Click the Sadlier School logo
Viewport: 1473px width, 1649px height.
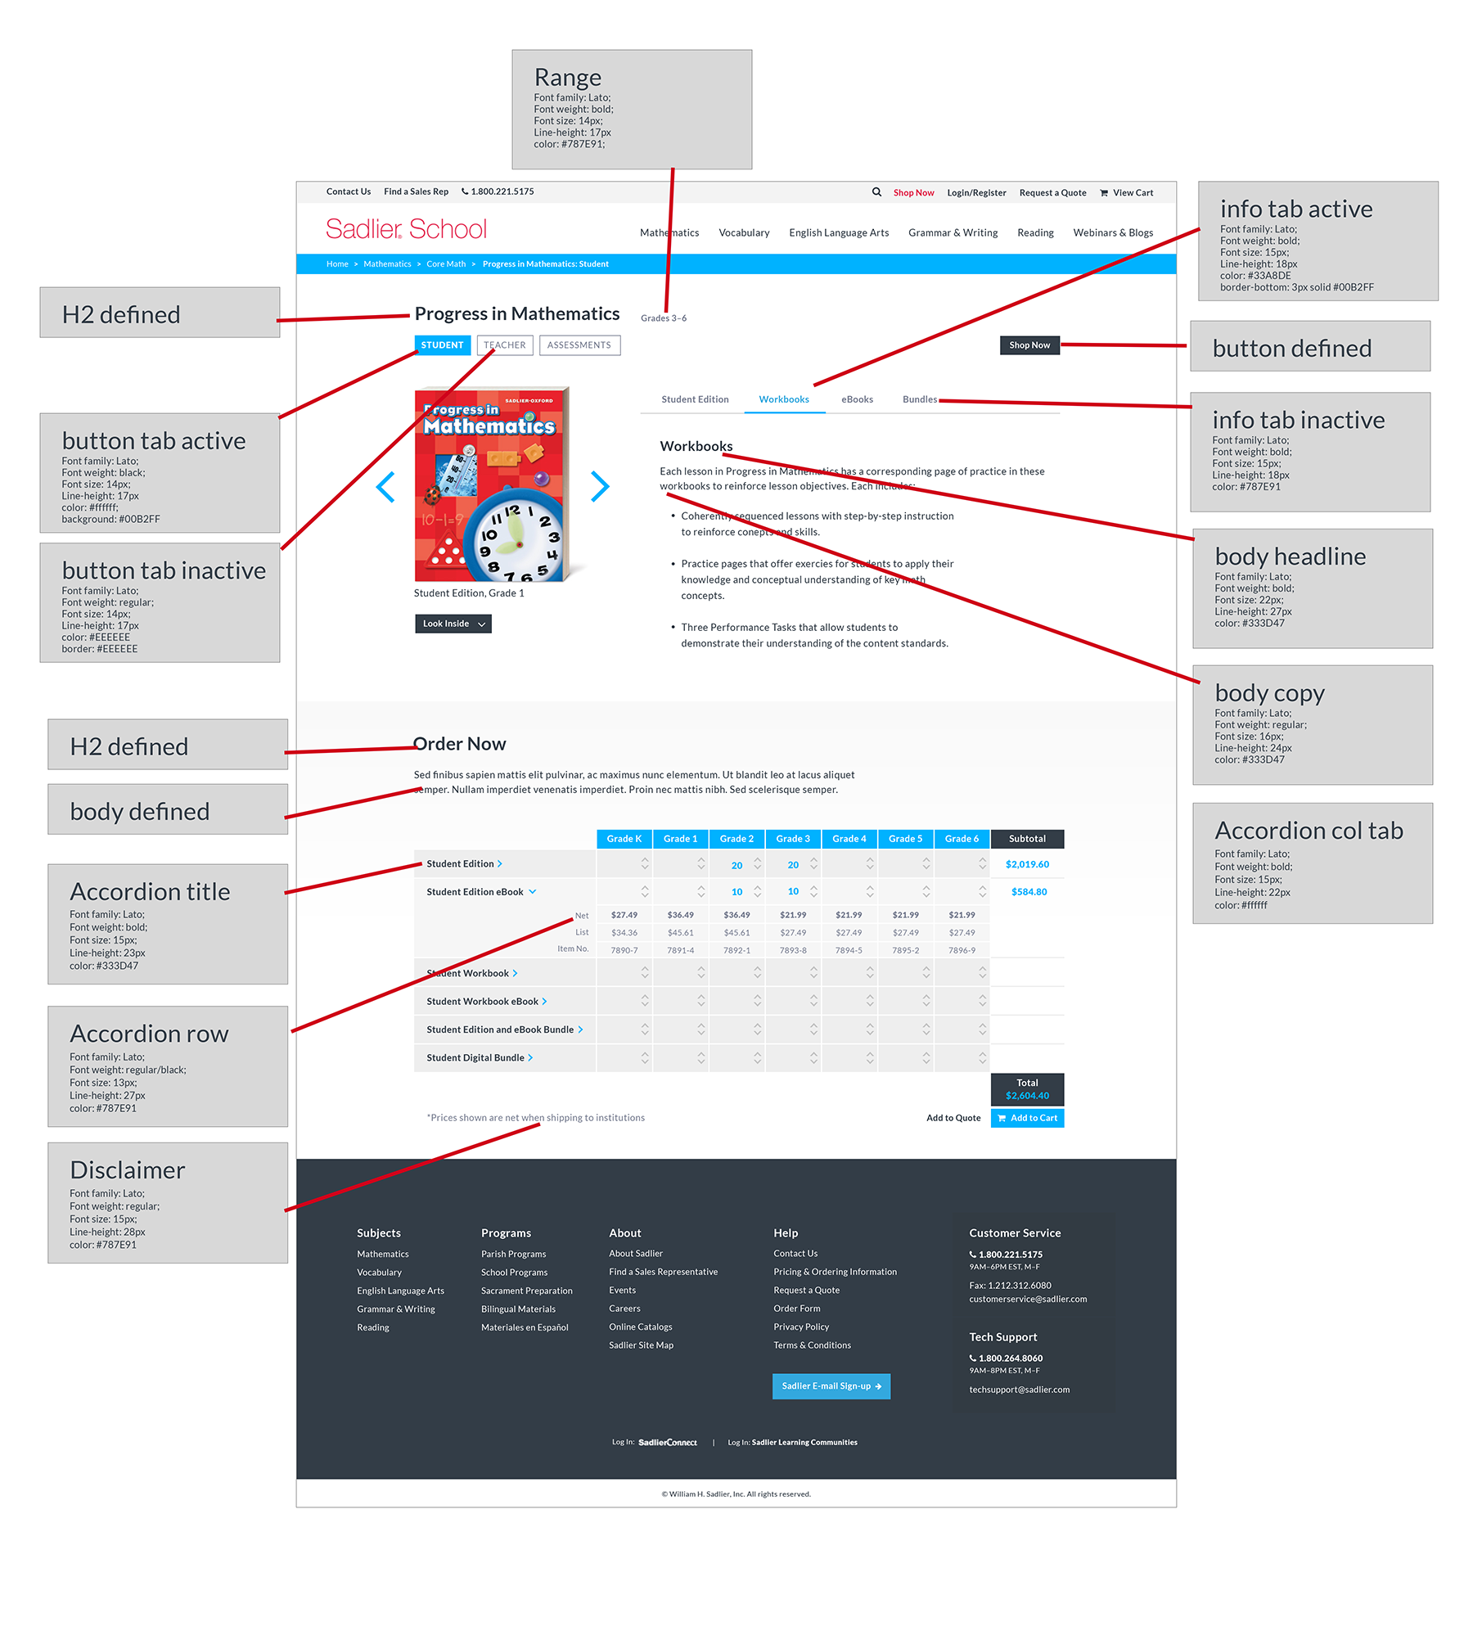406,229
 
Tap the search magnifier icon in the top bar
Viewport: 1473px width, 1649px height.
876,192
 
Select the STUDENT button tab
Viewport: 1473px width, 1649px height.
442,345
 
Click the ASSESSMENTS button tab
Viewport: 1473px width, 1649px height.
579,345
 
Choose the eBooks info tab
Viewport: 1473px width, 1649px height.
857,399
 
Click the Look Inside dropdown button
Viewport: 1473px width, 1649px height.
453,624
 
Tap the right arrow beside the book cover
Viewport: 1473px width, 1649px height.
600,486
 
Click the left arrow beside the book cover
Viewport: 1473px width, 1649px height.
385,486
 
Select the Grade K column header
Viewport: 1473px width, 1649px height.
624,839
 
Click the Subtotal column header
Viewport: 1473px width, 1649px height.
1027,839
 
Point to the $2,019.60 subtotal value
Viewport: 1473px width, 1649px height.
1027,864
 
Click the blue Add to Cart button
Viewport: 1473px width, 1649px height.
1027,1118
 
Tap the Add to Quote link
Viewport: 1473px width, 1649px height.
953,1118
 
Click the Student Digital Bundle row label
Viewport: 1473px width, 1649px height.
475,1058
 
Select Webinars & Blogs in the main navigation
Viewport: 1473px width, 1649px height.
1113,233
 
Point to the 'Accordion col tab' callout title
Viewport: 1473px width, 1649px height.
1309,831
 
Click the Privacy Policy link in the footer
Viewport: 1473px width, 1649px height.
801,1327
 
